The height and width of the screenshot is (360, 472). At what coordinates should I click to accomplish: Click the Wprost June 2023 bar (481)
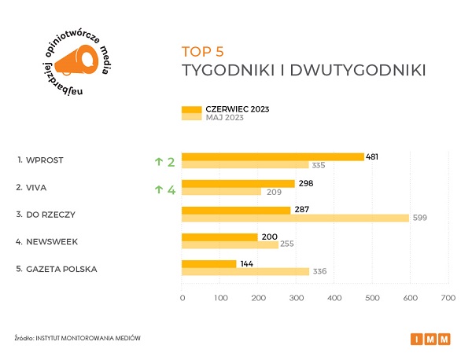272,156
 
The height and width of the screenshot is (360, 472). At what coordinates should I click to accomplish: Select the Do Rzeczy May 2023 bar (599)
295,219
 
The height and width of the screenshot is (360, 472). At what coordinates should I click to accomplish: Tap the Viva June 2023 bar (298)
238,183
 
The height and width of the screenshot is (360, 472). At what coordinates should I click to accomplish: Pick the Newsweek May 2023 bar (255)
230,244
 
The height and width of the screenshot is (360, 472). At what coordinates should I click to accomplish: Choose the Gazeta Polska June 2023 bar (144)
208,263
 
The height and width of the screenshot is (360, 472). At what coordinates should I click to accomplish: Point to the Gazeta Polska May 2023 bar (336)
245,272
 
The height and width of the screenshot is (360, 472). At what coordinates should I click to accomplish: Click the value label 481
373,156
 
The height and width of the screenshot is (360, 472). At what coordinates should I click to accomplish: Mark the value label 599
420,219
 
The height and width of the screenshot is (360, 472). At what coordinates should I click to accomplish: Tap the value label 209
273,192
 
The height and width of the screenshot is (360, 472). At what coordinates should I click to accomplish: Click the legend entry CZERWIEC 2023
235,108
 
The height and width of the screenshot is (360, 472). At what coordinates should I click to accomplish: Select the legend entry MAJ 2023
224,117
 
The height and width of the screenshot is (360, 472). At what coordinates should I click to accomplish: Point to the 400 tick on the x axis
334,298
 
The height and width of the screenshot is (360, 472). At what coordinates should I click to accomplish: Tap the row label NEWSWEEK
52,241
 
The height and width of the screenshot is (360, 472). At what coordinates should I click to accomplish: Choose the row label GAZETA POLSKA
62,269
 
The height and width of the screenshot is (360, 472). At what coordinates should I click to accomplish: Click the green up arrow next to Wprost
158,162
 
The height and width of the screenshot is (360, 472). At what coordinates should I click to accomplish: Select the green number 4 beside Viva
171,189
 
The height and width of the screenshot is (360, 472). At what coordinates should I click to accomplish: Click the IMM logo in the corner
431,339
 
